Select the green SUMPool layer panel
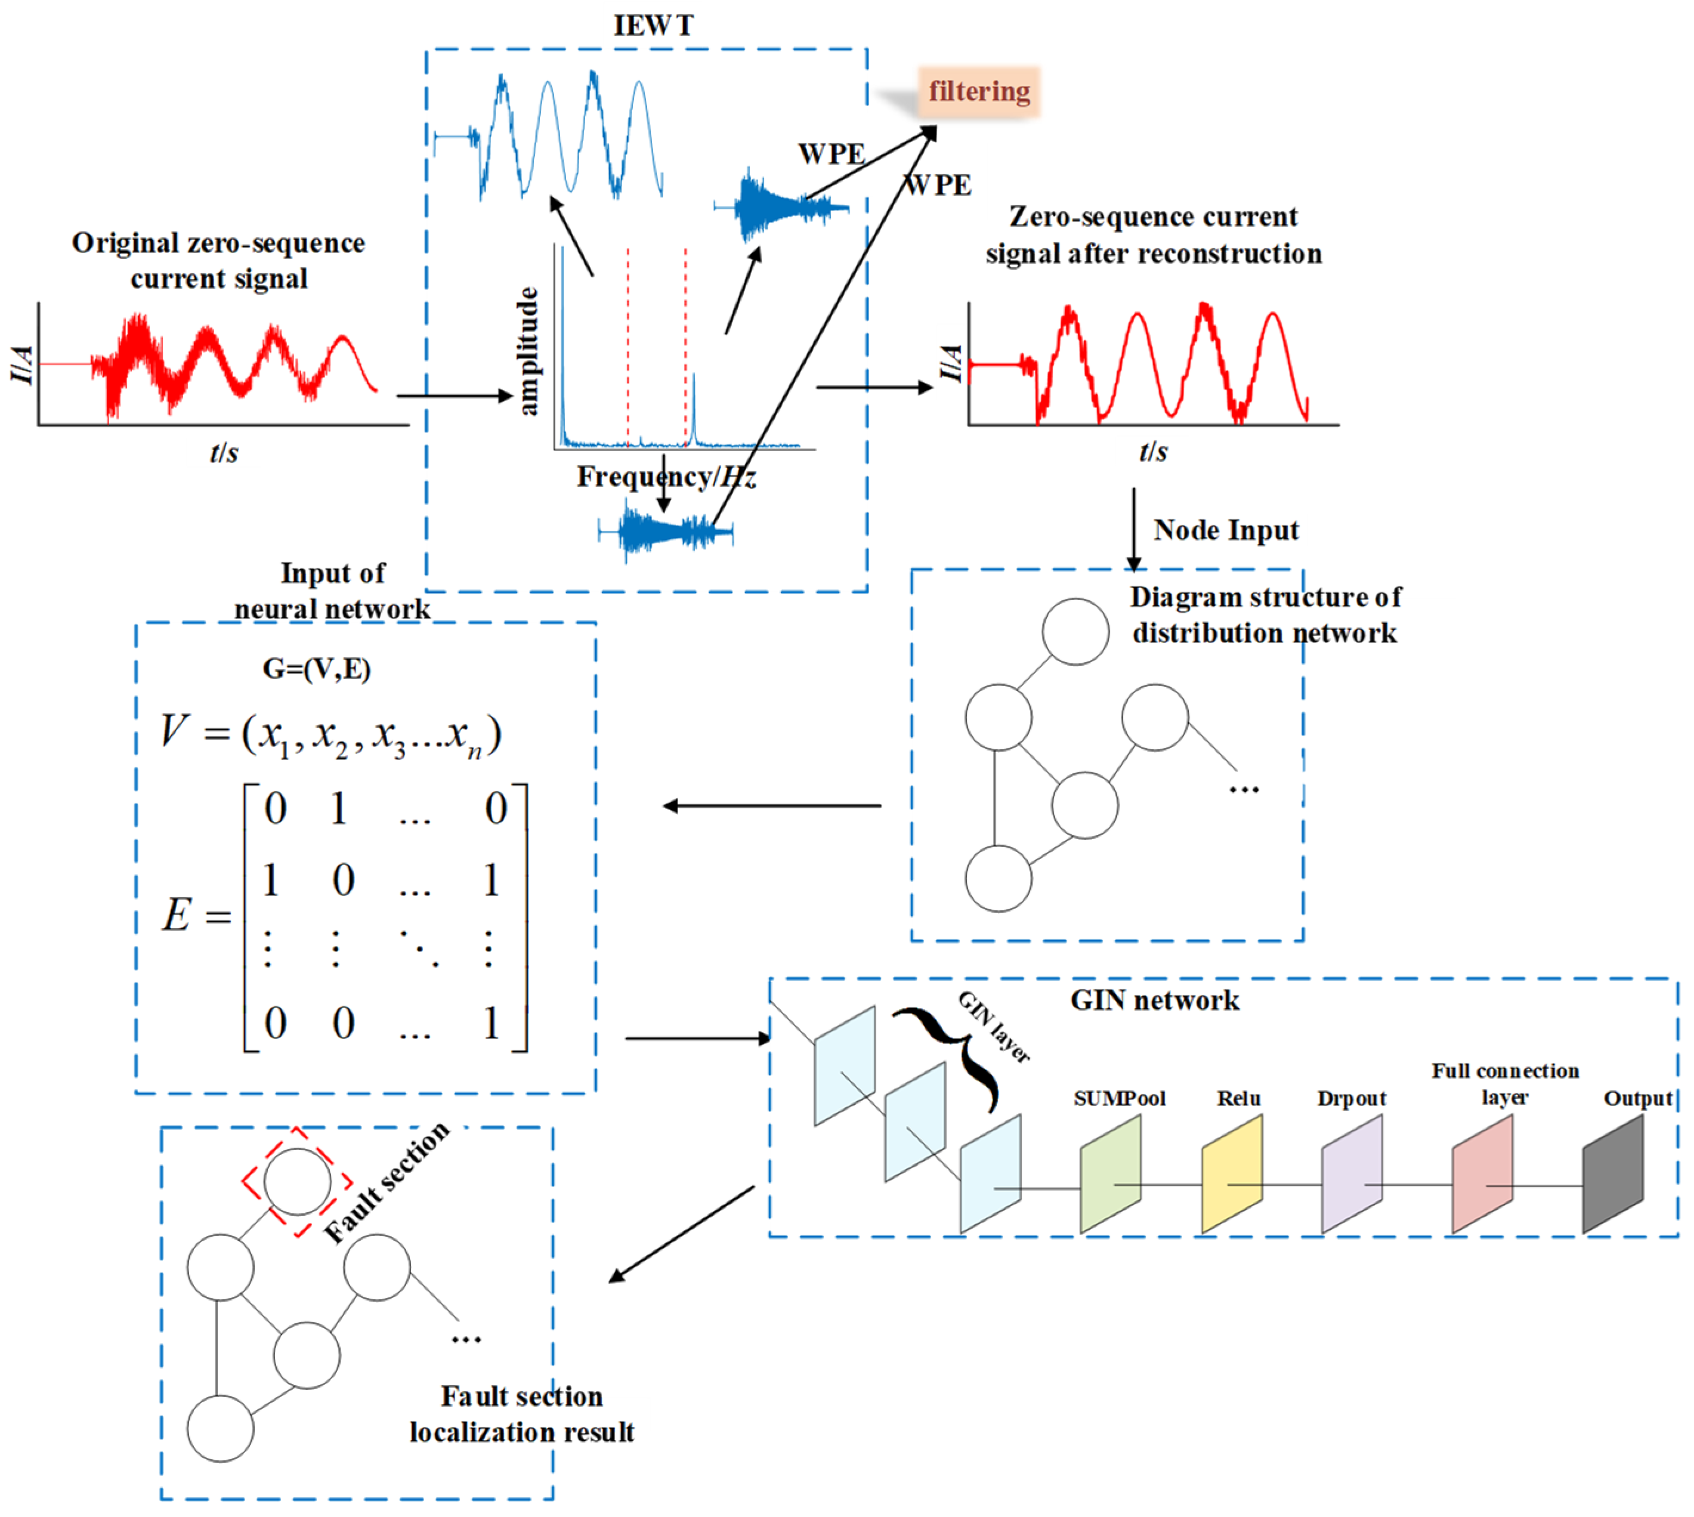(1110, 1173)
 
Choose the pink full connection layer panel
(1482, 1173)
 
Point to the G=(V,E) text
(317, 669)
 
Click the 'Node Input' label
(1226, 530)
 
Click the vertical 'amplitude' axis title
(528, 351)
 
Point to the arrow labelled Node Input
(1133, 529)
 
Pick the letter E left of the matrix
(177, 915)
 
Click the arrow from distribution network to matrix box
(771, 806)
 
